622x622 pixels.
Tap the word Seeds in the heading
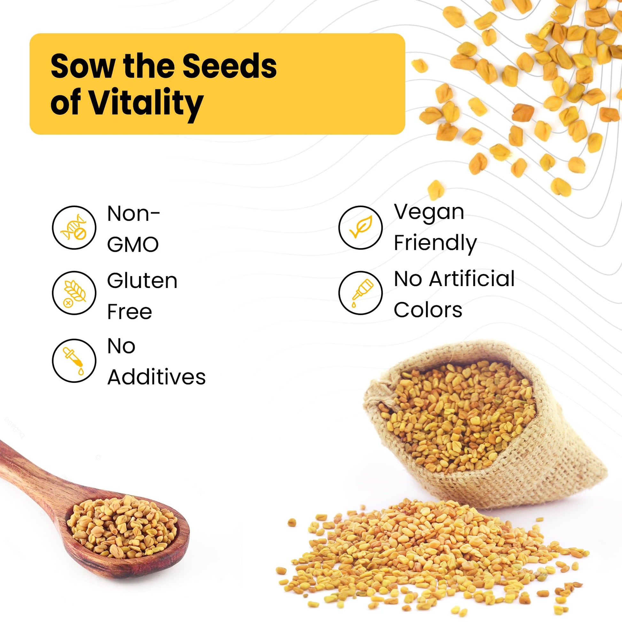click(230, 66)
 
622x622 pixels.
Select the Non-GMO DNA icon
click(74, 227)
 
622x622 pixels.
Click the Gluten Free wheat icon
click(74, 293)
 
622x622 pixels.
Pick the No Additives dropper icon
click(74, 361)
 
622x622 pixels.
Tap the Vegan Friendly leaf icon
click(361, 227)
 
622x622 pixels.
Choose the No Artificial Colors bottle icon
click(361, 293)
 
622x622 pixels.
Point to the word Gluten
click(142, 280)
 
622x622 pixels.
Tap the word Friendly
click(435, 244)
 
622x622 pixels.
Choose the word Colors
click(428, 310)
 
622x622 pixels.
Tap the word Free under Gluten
click(129, 312)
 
